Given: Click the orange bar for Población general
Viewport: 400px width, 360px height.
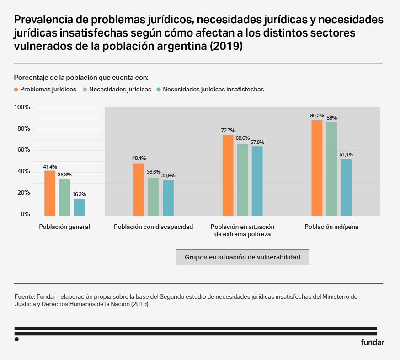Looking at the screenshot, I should coord(50,186).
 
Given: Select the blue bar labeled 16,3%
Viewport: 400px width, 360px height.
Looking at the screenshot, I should coord(79,207).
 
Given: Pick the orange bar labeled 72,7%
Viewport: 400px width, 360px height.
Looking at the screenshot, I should coord(228,175).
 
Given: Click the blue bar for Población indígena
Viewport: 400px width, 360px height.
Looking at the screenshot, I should coord(346,187).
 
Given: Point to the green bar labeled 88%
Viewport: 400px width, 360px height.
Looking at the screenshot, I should coord(331,169).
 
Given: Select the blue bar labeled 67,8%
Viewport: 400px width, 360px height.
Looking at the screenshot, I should coord(257,181).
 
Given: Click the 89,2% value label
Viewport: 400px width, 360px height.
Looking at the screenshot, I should coord(317,116).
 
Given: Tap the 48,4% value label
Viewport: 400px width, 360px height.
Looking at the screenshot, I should coord(139,159).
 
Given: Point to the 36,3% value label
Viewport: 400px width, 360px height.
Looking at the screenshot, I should coord(64,175).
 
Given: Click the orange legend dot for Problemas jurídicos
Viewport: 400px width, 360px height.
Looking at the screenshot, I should coord(16,90).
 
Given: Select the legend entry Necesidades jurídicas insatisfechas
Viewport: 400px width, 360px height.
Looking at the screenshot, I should coord(213,90).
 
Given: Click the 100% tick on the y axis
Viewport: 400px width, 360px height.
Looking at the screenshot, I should coord(22,107).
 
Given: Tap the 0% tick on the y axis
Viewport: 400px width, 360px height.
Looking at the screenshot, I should coord(25,214).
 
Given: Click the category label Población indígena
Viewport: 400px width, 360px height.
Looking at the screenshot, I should coord(331,227).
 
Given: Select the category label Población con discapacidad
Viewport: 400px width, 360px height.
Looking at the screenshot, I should coord(154,227).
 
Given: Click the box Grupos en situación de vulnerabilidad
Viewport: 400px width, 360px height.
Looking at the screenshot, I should coord(242,257).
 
